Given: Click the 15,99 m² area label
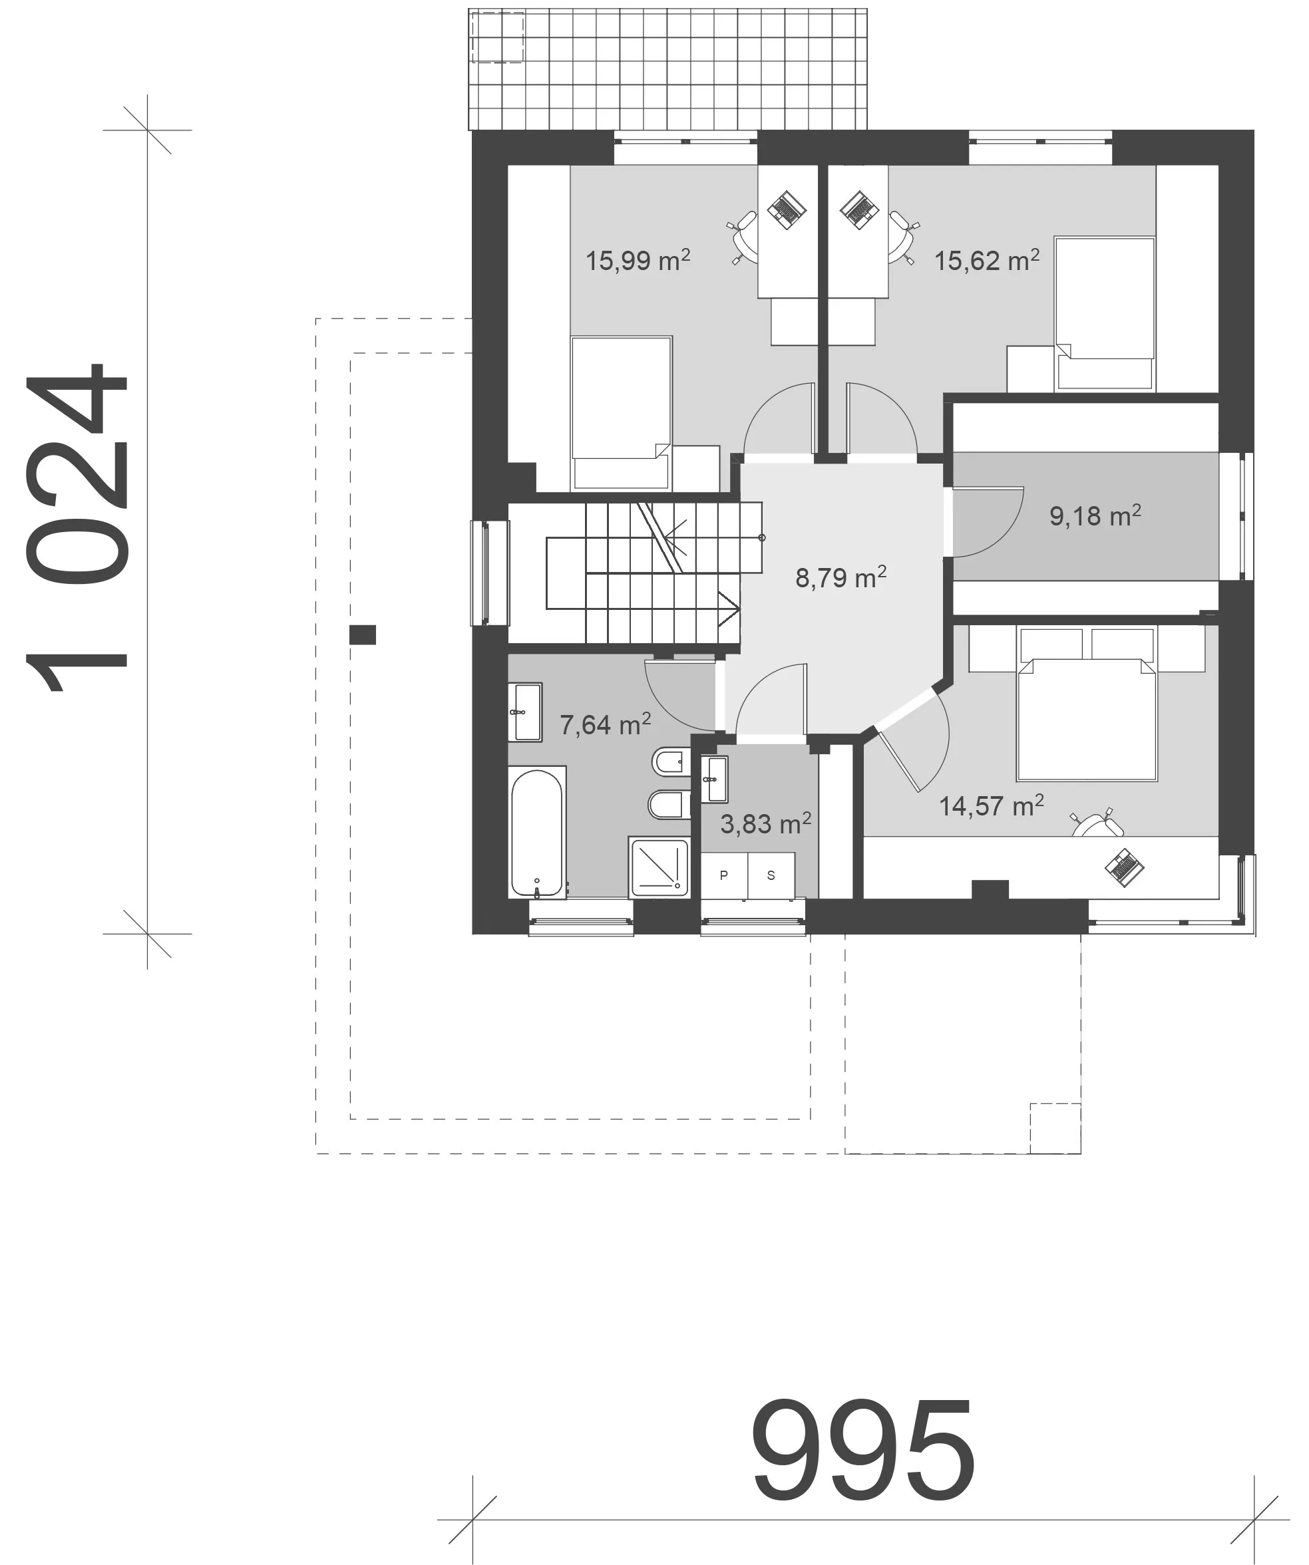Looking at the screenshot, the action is click(x=638, y=260).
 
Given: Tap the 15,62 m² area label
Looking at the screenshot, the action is click(x=987, y=260).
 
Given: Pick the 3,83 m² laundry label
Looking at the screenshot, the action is click(x=765, y=823).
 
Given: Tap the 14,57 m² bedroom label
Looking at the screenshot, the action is click(x=992, y=805).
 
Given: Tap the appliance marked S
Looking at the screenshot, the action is click(x=771, y=876).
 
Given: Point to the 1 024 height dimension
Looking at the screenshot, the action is click(x=77, y=528).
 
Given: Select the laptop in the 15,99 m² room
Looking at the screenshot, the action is click(x=787, y=210).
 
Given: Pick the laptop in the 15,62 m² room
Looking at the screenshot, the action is click(x=860, y=210).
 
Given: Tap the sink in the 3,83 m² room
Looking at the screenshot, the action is click(x=714, y=780).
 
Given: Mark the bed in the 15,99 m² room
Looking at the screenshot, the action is click(x=621, y=414).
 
